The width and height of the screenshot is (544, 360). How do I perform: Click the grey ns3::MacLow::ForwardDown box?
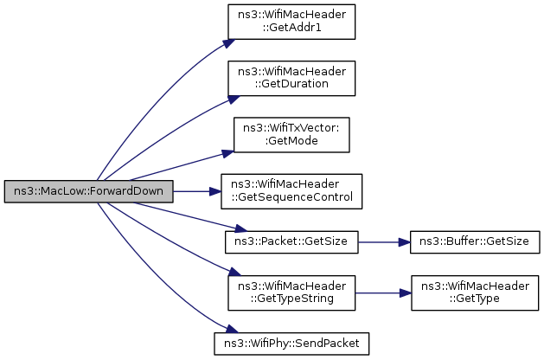click(88, 191)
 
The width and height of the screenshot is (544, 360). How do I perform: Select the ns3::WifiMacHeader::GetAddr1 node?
click(291, 22)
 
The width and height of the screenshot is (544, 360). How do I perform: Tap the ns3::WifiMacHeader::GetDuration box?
click(291, 78)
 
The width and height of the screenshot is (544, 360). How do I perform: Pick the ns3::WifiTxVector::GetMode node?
click(291, 135)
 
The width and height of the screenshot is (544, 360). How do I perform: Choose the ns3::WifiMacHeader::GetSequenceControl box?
click(291, 191)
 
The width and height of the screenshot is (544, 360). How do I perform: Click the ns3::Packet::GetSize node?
click(291, 242)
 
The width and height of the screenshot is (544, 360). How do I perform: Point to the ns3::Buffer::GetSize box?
click(475, 242)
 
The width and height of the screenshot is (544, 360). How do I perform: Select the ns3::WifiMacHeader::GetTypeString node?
click(291, 293)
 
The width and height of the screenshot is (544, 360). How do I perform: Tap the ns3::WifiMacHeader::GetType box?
click(475, 293)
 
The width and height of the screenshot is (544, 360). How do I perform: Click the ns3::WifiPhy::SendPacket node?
click(291, 344)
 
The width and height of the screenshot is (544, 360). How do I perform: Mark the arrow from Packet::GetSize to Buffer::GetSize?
click(384, 242)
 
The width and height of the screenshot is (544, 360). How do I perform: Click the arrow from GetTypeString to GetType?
click(383, 293)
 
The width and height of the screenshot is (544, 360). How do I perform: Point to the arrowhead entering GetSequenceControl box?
click(215, 191)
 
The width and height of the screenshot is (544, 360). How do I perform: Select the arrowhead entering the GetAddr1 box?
click(228, 43)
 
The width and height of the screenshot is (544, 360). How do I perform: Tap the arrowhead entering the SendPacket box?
click(232, 329)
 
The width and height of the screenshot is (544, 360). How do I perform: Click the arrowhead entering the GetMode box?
click(227, 153)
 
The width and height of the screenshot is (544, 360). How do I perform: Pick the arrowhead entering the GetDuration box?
click(234, 100)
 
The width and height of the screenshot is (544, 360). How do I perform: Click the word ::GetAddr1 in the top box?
click(291, 28)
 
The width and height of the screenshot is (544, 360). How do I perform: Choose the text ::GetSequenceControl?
click(291, 197)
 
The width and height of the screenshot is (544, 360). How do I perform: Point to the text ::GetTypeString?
click(291, 299)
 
